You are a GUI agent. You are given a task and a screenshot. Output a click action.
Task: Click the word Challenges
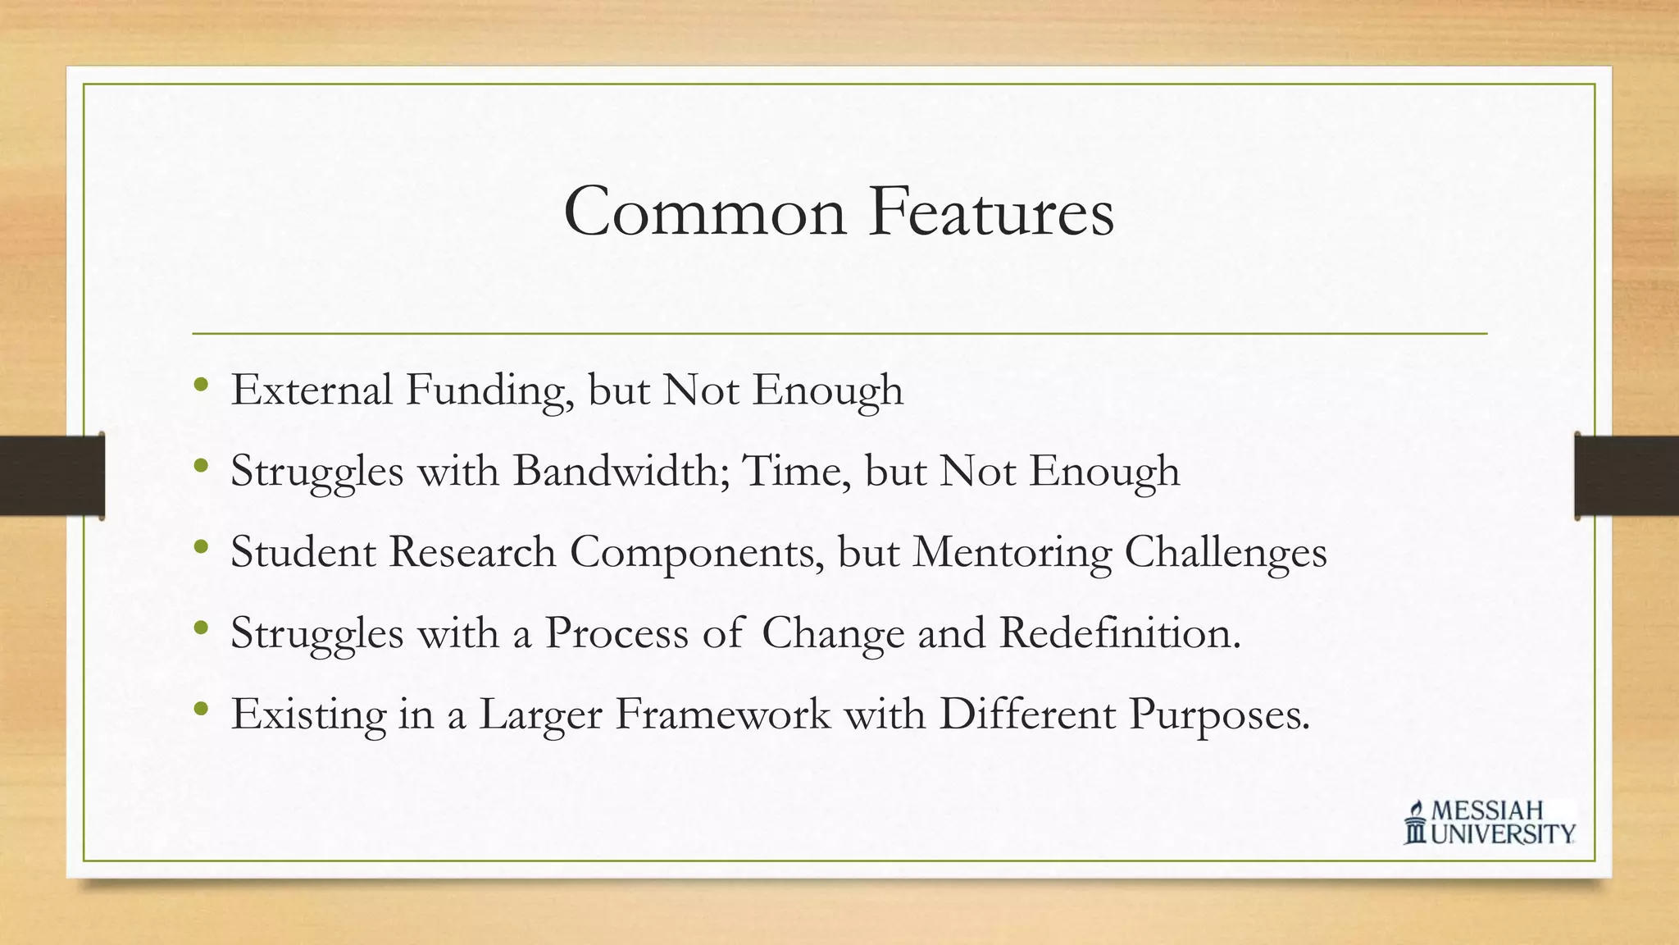point(1225,553)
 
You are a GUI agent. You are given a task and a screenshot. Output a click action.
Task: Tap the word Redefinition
point(1120,632)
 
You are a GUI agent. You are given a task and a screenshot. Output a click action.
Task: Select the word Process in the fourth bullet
point(617,632)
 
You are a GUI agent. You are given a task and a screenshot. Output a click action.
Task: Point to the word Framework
point(722,714)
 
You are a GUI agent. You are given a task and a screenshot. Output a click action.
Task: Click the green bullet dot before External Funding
point(202,385)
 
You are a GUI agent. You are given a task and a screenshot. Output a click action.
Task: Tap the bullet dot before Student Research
point(202,546)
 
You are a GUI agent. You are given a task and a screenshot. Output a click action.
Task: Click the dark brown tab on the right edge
point(1627,476)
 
